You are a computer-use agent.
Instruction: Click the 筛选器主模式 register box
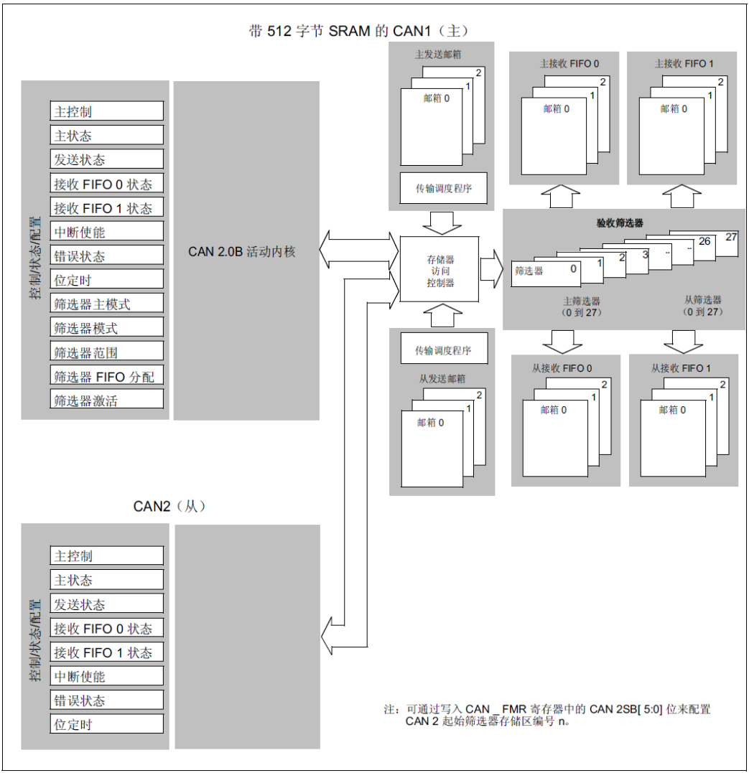click(x=107, y=304)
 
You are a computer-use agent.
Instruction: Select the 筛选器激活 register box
click(x=107, y=400)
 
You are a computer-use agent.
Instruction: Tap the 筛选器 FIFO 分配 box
click(x=107, y=376)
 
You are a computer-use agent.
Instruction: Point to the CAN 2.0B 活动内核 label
click(x=242, y=251)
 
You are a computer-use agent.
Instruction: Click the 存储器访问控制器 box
click(x=440, y=271)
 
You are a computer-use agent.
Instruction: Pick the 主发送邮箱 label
click(x=438, y=55)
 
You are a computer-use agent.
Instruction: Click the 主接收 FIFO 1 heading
click(x=684, y=64)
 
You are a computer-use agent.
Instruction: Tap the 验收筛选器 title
click(x=620, y=223)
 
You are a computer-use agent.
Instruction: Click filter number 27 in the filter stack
click(x=730, y=236)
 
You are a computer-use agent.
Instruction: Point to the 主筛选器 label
click(x=581, y=301)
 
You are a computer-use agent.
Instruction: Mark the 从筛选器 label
click(x=703, y=300)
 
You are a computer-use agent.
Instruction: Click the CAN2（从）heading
click(x=169, y=506)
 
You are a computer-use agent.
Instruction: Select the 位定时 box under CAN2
click(x=107, y=723)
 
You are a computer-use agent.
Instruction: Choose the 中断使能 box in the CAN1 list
click(x=107, y=232)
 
